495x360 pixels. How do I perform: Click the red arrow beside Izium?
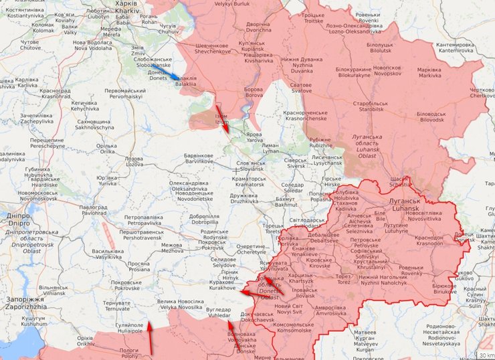click(x=222, y=118)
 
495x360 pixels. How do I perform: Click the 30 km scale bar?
click(x=485, y=354)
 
